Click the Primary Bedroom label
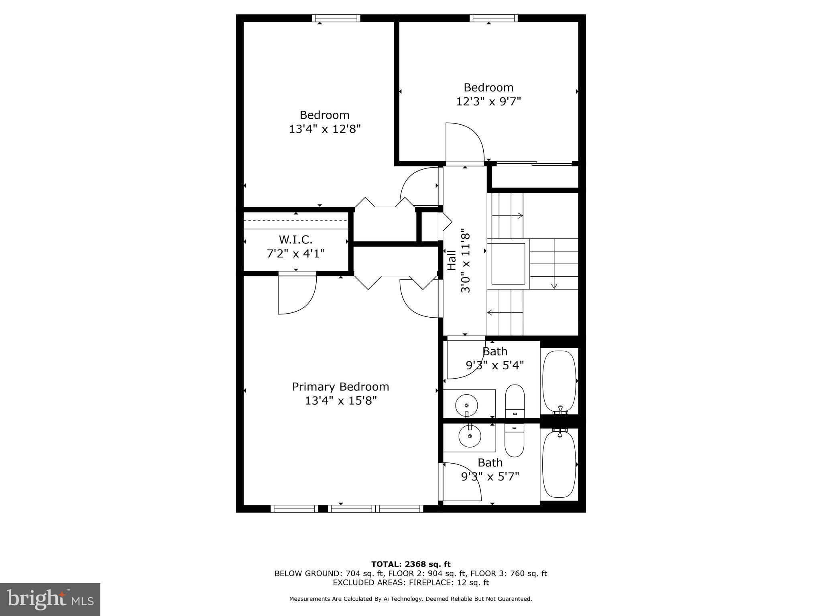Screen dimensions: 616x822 point(340,387)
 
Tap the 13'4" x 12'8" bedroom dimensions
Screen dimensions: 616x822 point(325,129)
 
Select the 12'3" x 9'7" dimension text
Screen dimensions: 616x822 point(488,101)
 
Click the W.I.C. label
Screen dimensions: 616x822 point(295,240)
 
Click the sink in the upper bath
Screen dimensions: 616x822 point(466,406)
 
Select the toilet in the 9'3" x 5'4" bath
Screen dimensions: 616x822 point(515,401)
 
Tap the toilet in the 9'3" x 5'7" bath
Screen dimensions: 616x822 point(515,440)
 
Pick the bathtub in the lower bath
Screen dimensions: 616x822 point(559,464)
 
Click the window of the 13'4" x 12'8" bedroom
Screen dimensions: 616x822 point(336,18)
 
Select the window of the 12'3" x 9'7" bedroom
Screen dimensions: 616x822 point(493,18)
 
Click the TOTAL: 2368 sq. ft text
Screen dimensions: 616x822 point(411,564)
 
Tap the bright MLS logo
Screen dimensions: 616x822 point(50,599)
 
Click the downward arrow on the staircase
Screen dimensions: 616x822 point(554,286)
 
